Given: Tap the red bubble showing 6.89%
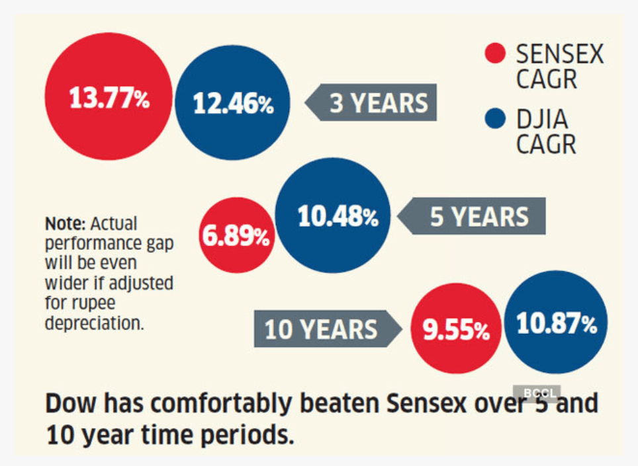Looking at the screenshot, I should point(236,236).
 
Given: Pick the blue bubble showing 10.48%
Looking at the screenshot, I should point(338,217).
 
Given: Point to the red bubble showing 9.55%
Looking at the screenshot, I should point(456,329).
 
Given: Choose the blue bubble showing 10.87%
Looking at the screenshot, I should point(556,323).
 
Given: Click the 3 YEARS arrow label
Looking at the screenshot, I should point(371,102).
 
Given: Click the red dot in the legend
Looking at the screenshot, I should point(495,53).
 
